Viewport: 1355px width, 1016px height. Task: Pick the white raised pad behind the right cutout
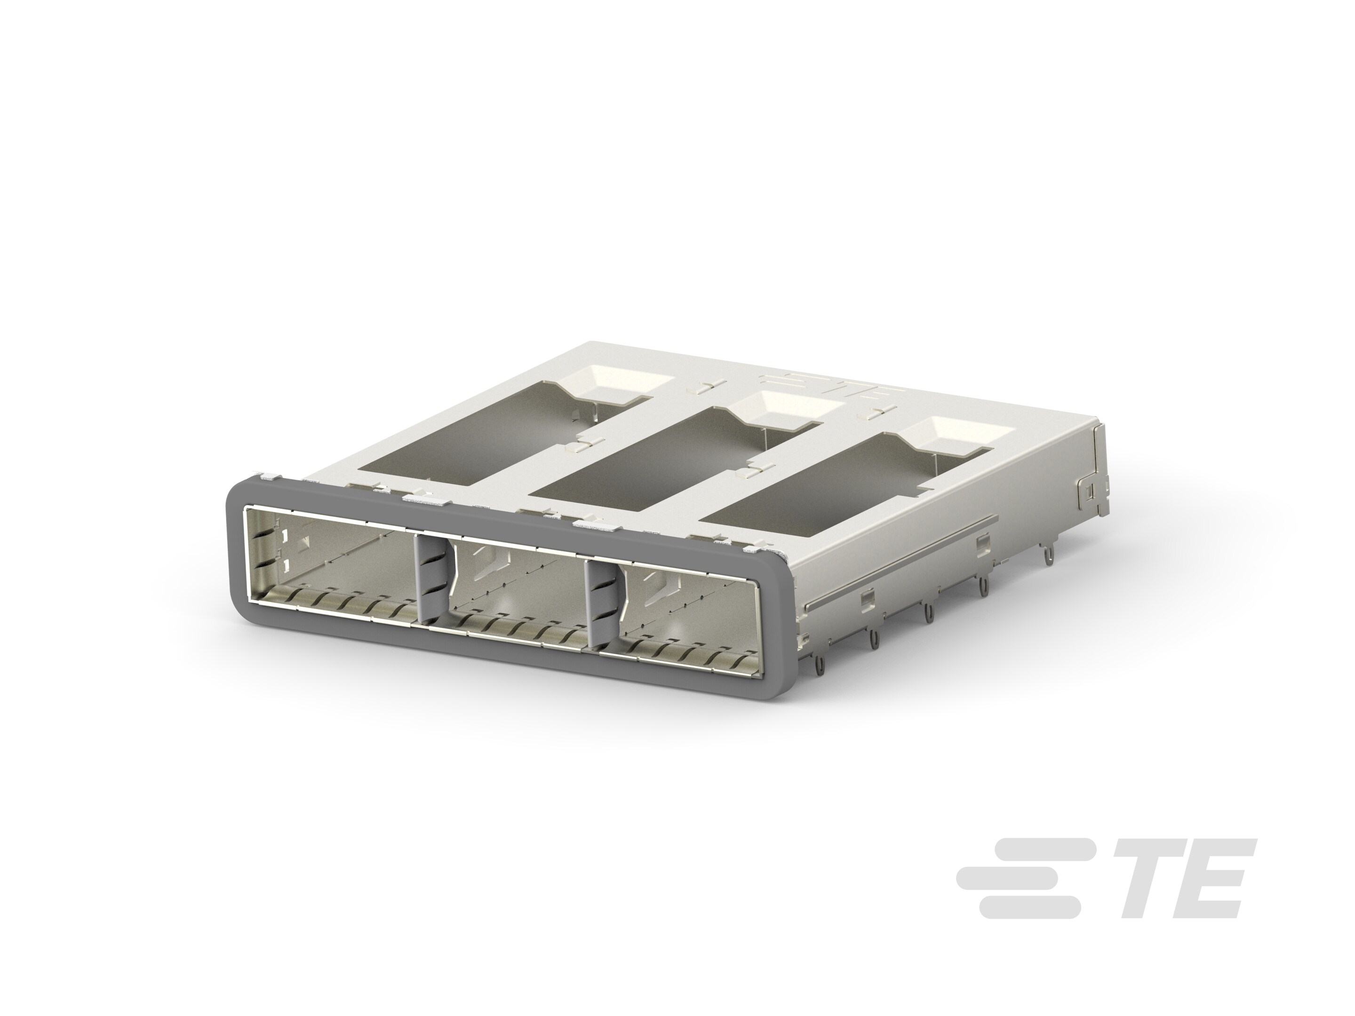(x=947, y=436)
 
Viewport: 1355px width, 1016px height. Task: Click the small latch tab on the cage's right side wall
(x=1089, y=491)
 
